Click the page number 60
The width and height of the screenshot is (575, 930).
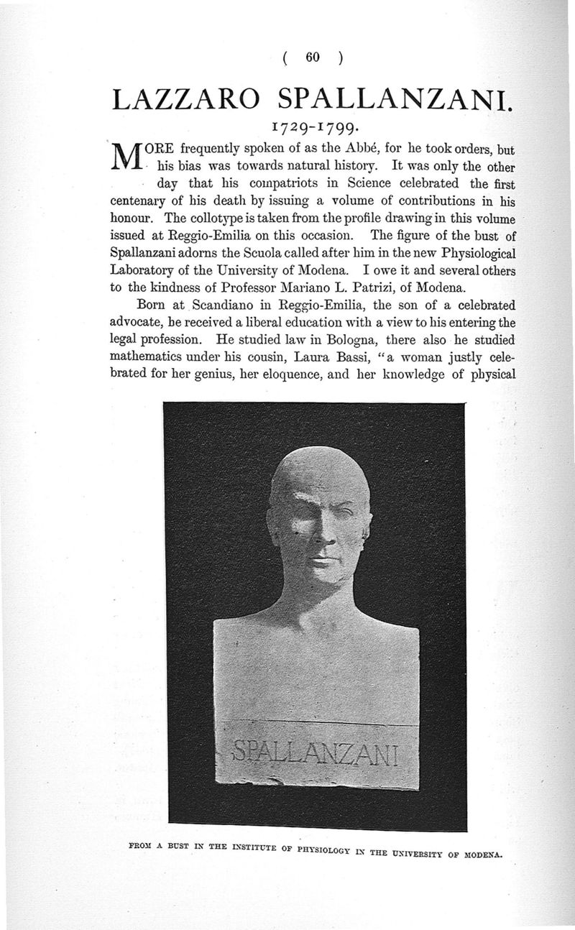(312, 59)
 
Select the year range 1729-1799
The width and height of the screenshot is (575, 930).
(311, 130)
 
